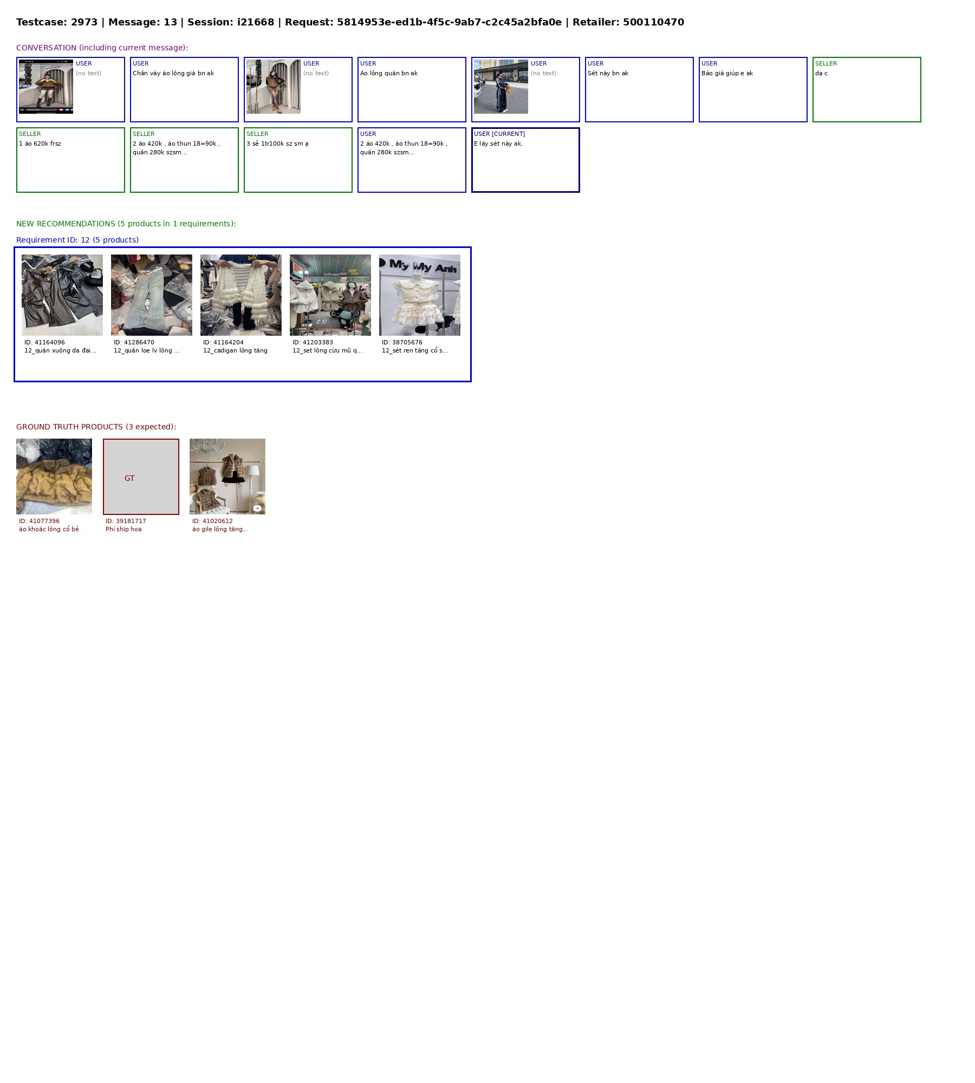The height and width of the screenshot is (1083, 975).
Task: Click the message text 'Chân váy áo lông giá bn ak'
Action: pos(173,73)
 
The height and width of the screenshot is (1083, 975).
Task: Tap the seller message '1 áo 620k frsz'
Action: pos(40,143)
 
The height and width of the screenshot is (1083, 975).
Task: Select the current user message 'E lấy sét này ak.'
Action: pos(498,143)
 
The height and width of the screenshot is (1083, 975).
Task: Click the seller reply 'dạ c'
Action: pos(821,73)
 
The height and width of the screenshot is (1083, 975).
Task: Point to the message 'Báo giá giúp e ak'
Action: pos(727,73)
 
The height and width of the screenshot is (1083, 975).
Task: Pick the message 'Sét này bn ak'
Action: pos(608,73)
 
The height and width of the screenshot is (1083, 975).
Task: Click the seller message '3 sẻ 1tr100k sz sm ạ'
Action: pos(277,143)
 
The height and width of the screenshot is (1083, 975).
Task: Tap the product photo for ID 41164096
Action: pos(62,295)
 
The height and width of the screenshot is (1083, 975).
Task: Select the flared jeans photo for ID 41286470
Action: pos(152,295)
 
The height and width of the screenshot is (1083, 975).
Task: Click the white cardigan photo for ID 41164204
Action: pos(241,295)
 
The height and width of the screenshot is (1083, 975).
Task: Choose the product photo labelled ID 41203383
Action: pos(330,295)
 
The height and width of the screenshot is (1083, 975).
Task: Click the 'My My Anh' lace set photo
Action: pos(420,295)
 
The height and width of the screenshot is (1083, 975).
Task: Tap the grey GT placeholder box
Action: pos(141,477)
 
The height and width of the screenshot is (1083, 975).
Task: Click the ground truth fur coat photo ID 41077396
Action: pos(54,477)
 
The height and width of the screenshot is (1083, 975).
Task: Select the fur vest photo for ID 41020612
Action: pos(227,477)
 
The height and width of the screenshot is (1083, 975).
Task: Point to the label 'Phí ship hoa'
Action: pos(123,529)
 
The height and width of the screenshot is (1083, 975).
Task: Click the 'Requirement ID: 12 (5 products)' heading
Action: pos(77,240)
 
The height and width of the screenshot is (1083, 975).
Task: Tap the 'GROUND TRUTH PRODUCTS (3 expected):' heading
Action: pos(96,427)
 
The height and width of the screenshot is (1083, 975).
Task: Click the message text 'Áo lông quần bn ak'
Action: pos(389,73)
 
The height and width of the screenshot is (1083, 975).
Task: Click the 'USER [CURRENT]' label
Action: pos(499,134)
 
